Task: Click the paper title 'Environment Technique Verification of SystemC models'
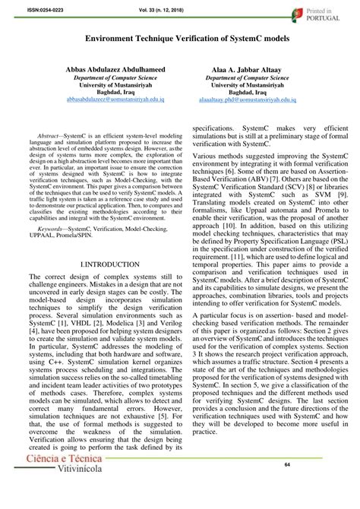point(180,35)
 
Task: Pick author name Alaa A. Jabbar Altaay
point(251,69)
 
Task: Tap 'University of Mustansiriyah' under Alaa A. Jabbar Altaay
point(251,84)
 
